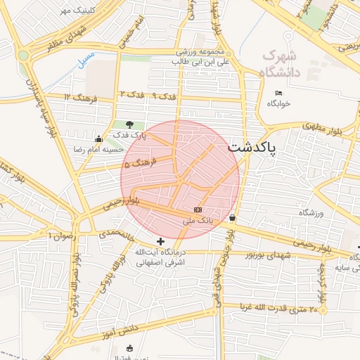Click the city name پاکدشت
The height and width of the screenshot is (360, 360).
(252, 148)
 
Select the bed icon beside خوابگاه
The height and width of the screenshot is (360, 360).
(279, 93)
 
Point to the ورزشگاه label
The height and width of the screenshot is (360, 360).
(314, 213)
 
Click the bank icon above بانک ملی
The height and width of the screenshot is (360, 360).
(198, 210)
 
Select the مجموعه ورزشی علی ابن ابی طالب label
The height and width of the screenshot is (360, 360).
(200, 57)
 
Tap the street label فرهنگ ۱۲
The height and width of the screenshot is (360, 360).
(77, 96)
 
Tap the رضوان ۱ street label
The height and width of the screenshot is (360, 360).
(60, 236)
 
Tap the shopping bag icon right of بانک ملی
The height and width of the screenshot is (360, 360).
(232, 218)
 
